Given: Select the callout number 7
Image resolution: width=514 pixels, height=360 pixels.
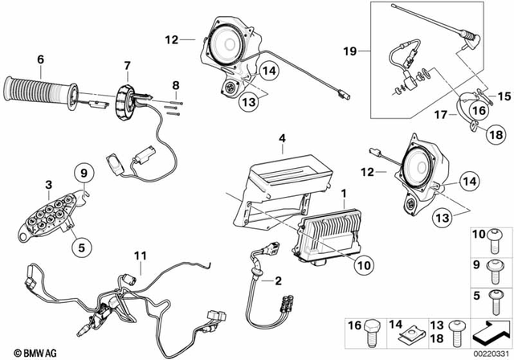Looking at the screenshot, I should point(126,64).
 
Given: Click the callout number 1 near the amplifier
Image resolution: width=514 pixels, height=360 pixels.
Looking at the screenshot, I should point(344,193).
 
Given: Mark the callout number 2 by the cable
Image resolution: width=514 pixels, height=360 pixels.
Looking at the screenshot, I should point(279,281).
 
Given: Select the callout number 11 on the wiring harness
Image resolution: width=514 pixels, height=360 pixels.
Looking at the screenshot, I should point(141,256).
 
